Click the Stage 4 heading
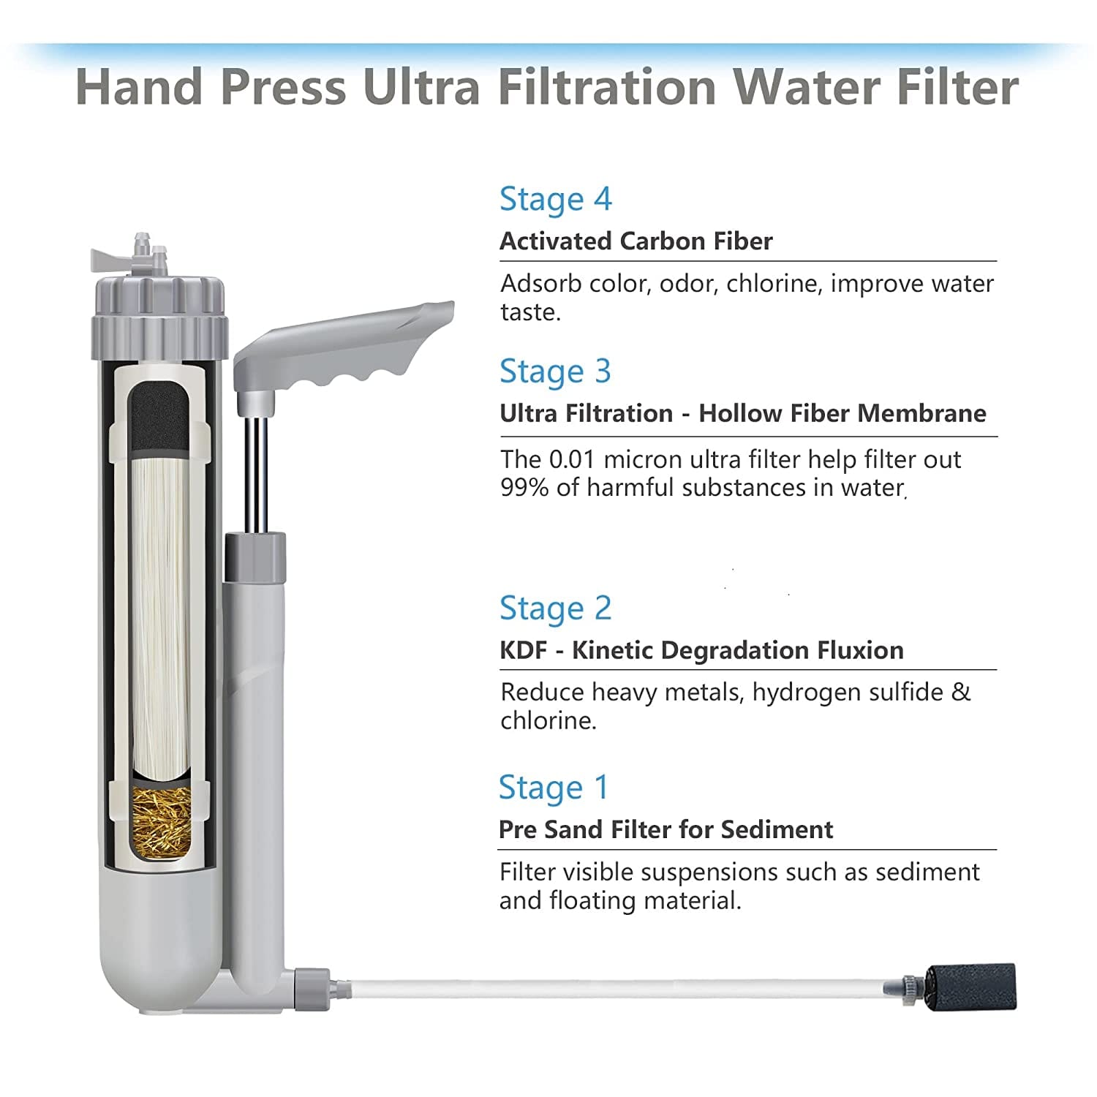coord(556,200)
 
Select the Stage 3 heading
coord(556,372)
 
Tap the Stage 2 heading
coord(556,608)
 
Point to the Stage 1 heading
coord(554,788)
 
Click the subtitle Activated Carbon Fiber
coord(636,241)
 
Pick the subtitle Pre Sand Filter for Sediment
coord(666,829)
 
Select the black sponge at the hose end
coord(969,987)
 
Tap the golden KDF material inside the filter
coord(160,820)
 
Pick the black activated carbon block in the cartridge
coord(159,419)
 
